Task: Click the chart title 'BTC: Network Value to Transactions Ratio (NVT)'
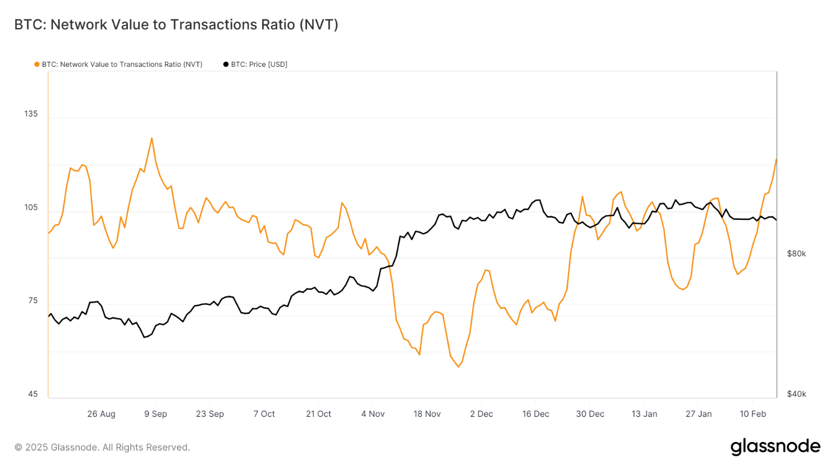click(176, 25)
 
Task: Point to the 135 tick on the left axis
click(31, 114)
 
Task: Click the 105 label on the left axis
click(31, 207)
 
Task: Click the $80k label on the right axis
click(796, 254)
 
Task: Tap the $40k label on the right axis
click(796, 394)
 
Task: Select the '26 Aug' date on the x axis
click(101, 414)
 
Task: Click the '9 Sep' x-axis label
click(155, 414)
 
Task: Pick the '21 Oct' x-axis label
click(318, 414)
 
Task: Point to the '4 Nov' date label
click(372, 414)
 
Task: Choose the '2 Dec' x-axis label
click(481, 414)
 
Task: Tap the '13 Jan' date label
click(644, 414)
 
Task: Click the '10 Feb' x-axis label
click(753, 414)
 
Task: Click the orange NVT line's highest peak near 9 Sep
click(151, 138)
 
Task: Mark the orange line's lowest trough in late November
click(458, 367)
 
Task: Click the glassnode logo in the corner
click(775, 447)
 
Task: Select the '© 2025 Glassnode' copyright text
click(102, 447)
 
